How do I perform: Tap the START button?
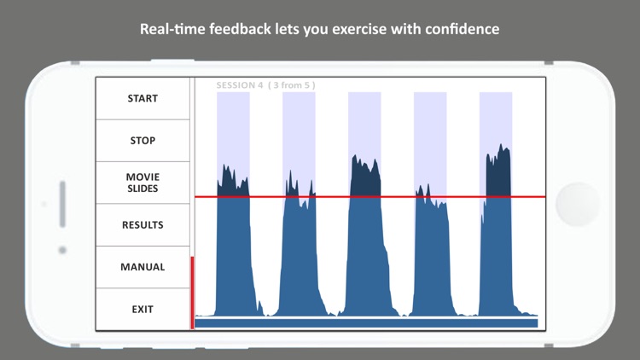coord(143,98)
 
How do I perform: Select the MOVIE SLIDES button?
coord(143,183)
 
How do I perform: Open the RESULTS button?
coord(143,225)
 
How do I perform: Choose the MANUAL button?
coord(143,267)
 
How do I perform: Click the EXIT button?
coord(143,309)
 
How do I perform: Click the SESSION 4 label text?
coord(239,85)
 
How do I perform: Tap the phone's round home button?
coord(578,205)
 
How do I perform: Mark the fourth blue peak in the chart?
coord(430,247)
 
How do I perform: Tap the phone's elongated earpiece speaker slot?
coord(62,205)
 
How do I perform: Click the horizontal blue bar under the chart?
coord(366,323)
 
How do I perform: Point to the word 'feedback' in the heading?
coord(241,29)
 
